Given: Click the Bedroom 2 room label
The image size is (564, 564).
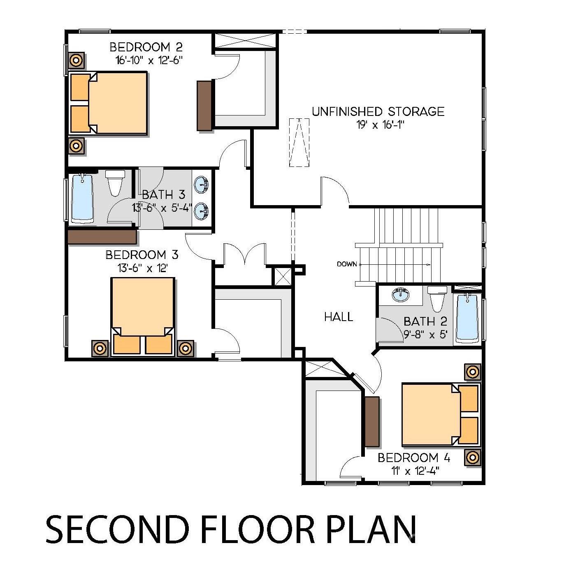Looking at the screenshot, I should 146,47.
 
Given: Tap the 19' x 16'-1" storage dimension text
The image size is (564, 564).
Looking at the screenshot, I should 381,125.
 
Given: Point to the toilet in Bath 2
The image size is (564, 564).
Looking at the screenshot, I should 436,298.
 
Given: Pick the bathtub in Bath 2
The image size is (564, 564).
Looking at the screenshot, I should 467,318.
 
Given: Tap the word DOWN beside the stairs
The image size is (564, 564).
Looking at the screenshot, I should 347,264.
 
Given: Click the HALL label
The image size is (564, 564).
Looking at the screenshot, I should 338,317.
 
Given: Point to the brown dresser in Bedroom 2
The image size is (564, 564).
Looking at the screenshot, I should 204,105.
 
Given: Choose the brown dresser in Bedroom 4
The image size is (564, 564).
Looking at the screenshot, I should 372,421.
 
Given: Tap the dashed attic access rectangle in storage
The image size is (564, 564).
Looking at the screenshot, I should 299,142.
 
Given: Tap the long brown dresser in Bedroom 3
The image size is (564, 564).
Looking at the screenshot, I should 102,237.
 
